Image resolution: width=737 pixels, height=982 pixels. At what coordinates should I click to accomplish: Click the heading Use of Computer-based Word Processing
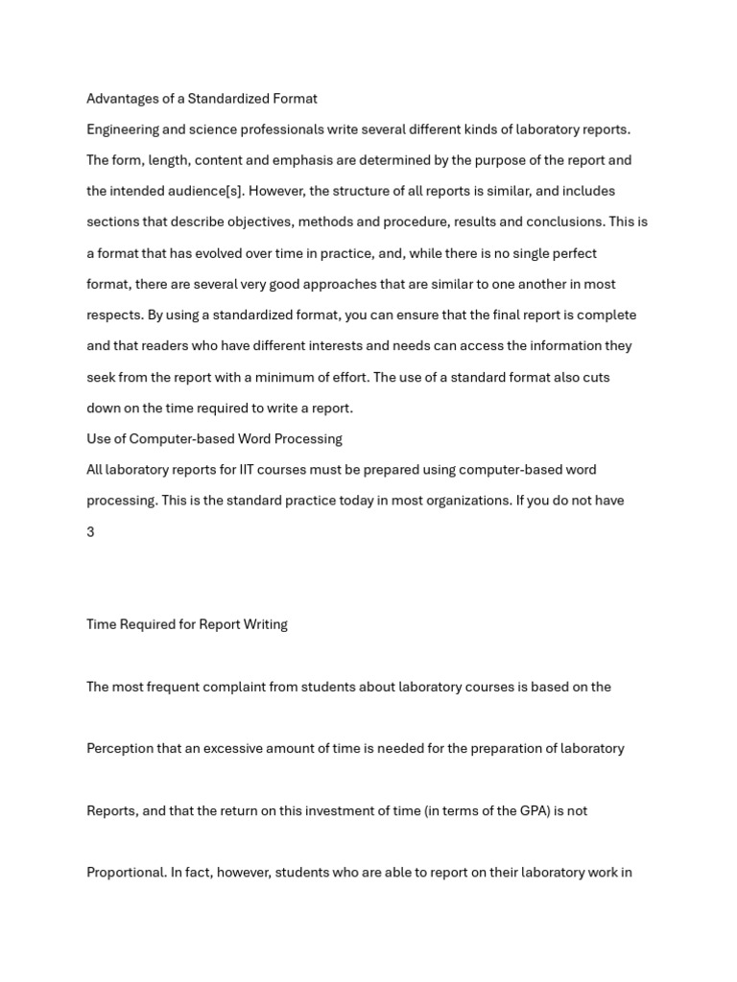(x=214, y=439)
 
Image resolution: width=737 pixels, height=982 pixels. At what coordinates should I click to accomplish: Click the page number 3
(x=90, y=532)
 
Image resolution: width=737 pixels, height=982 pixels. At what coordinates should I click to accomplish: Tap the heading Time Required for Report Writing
(x=187, y=624)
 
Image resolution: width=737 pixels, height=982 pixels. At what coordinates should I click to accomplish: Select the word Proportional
(x=126, y=873)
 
